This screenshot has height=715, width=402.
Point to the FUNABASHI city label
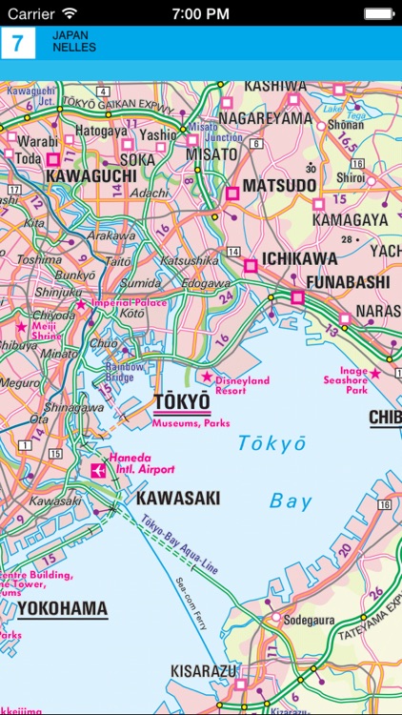[x=348, y=283]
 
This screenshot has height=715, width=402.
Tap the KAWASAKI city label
[x=178, y=498]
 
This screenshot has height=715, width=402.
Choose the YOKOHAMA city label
[x=62, y=608]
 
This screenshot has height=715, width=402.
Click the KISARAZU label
[x=203, y=672]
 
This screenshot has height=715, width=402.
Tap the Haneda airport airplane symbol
[x=98, y=469]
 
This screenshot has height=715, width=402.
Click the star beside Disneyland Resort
[x=206, y=378]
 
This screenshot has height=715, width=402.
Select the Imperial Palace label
[x=130, y=304]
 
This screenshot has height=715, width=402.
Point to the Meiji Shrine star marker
[x=21, y=326]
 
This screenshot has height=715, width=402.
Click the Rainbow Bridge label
[x=125, y=371]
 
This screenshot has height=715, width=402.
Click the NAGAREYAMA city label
[x=265, y=118]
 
